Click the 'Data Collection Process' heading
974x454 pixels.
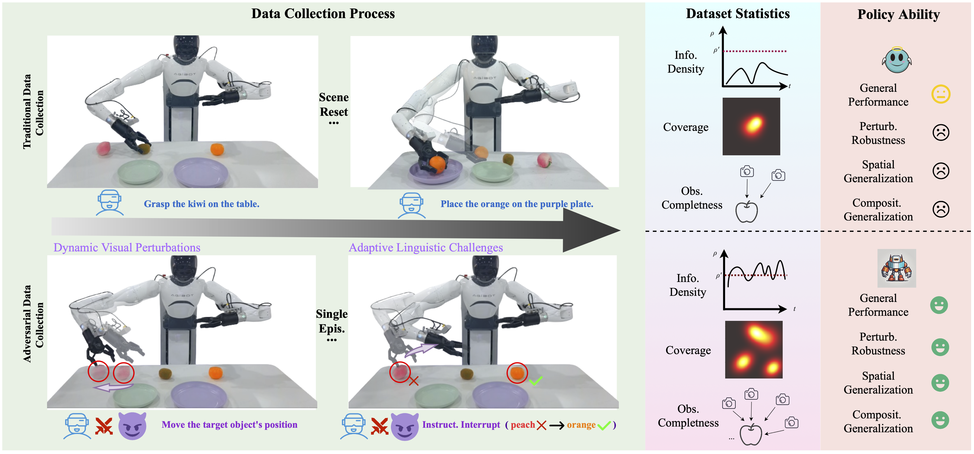(x=323, y=14)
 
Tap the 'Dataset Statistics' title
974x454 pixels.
(x=738, y=14)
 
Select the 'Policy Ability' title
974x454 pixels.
(x=898, y=14)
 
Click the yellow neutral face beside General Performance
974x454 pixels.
(x=941, y=94)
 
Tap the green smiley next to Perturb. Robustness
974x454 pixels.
(x=940, y=347)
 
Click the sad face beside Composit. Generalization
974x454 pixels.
(x=941, y=209)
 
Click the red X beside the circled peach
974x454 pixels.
(x=414, y=381)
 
